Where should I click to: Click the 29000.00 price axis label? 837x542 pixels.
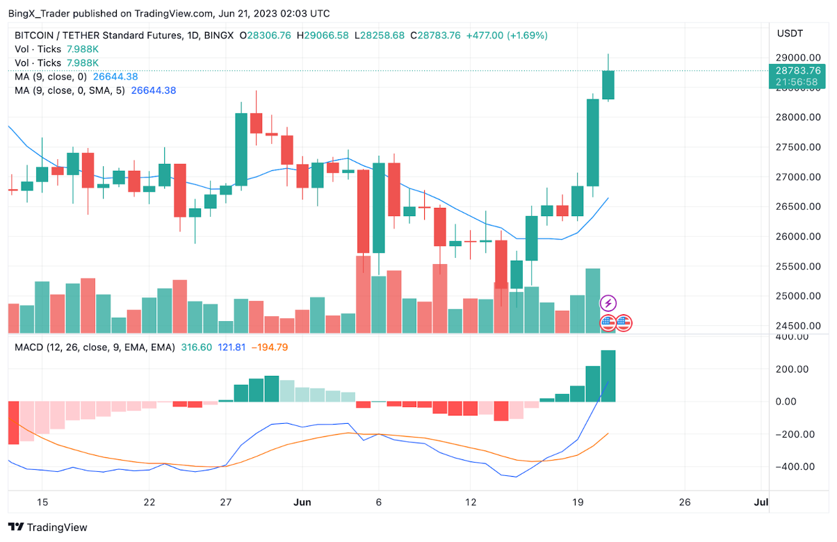pos(795,58)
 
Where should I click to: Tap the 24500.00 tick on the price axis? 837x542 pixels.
pos(795,326)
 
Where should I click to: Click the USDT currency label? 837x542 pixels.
pos(790,33)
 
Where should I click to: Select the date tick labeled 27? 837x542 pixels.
pos(225,502)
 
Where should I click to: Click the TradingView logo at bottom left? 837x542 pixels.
pos(48,527)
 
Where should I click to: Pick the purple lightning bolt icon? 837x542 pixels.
pos(608,303)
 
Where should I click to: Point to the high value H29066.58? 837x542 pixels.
pos(322,35)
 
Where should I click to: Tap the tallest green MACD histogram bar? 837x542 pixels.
pos(608,376)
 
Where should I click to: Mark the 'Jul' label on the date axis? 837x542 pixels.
pos(761,502)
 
